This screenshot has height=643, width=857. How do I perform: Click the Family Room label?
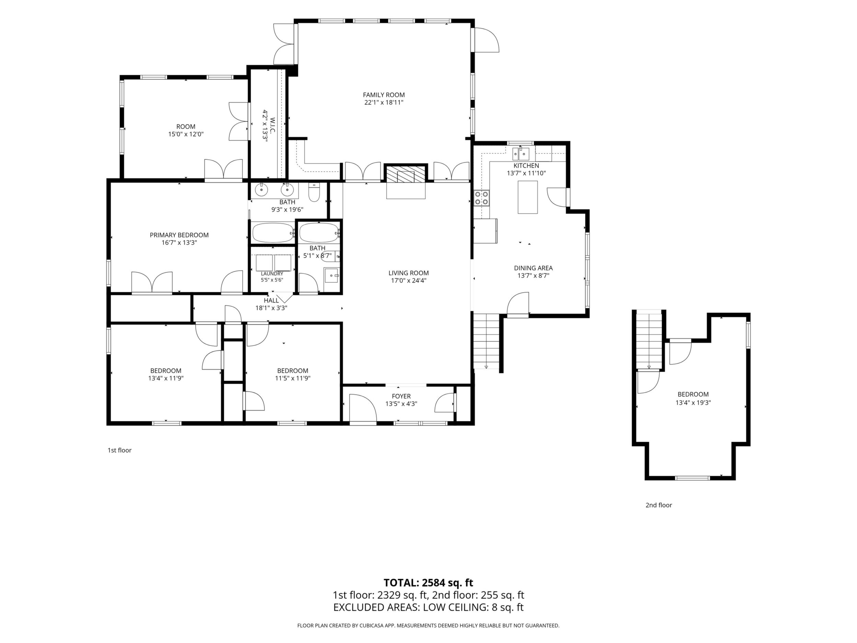tap(384, 95)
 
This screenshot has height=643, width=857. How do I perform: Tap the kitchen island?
tap(528, 197)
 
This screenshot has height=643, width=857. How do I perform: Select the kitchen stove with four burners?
tap(482, 198)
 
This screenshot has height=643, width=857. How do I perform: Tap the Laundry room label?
tap(272, 274)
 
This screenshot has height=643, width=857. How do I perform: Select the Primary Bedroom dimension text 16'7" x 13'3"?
tap(179, 242)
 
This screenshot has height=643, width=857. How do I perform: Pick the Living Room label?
tap(409, 273)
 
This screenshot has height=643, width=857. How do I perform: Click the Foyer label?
tap(401, 396)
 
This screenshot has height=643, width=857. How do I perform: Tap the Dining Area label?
tap(534, 268)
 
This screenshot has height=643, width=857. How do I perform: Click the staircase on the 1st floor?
tap(487, 341)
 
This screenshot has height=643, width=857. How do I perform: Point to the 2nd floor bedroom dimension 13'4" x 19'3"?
tap(693, 403)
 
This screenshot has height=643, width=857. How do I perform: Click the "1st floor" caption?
tap(119, 450)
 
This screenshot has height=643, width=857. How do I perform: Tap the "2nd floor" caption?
tap(659, 505)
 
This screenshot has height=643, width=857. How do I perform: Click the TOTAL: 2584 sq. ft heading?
tap(428, 583)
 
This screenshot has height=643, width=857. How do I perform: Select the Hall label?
tap(271, 301)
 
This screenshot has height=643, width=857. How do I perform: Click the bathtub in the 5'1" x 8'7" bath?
tap(319, 233)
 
